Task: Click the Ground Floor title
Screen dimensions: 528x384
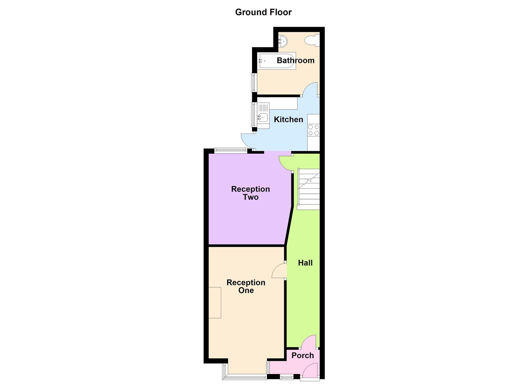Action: pos(263,12)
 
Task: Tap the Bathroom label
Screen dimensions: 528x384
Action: pos(295,60)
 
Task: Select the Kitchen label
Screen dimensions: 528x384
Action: pos(288,119)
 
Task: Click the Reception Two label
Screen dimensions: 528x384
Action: pos(251,193)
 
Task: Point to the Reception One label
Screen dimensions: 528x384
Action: pos(246,287)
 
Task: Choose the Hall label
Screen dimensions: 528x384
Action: pos(305,263)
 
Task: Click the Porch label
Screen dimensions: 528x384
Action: pos(303,356)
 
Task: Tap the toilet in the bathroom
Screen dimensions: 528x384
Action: pos(312,40)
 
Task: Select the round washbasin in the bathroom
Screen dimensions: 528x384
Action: pos(283,42)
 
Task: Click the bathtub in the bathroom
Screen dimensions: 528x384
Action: pos(277,61)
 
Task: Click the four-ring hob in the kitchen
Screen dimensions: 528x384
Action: pos(314,130)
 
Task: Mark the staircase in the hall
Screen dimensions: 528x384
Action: pos(309,189)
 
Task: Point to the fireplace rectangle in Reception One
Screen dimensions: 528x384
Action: pos(215,303)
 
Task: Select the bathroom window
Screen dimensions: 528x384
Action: pos(254,82)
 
